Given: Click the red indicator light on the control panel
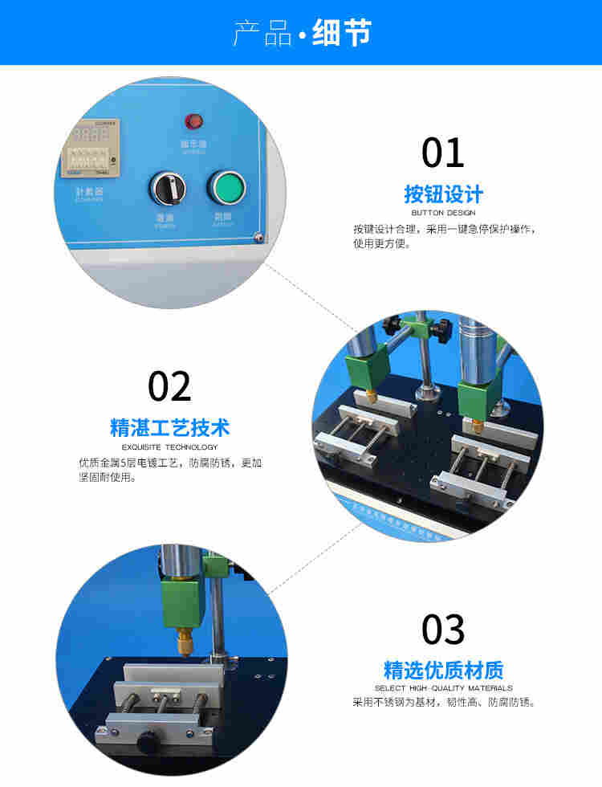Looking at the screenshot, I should click(193, 122).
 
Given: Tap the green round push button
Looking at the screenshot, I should click(226, 187).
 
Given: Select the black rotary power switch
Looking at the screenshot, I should click(167, 188).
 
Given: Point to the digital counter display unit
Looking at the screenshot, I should click(91, 148).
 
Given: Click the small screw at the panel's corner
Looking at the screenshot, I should click(258, 237).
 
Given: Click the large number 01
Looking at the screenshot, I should click(443, 153).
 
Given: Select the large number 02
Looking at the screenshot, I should click(169, 387).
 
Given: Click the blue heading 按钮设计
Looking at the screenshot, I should click(443, 194).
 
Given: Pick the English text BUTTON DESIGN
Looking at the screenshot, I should click(443, 213).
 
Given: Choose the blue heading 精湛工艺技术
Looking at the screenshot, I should click(169, 427).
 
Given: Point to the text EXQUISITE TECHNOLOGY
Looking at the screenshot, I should click(169, 447).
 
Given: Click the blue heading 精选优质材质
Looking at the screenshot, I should click(443, 670).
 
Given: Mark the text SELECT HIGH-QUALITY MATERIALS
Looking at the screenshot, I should click(443, 688).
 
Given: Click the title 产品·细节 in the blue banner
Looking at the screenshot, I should click(302, 33).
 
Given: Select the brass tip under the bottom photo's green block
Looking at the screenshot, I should click(185, 643).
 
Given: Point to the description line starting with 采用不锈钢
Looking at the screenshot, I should click(443, 703).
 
